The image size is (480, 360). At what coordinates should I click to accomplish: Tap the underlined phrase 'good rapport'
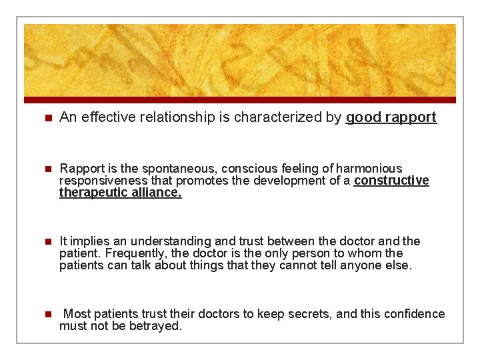pos(391,118)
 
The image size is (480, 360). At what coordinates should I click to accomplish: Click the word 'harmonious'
pos(369,169)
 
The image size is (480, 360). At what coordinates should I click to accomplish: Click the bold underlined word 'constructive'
pos(391,181)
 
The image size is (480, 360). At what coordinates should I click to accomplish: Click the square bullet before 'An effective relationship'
pos(46,118)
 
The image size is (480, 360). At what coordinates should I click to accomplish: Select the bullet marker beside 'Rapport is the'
pos(46,169)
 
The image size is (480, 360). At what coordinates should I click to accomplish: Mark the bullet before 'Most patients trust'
pos(46,314)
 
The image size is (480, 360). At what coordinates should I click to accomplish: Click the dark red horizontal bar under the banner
pos(240,100)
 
